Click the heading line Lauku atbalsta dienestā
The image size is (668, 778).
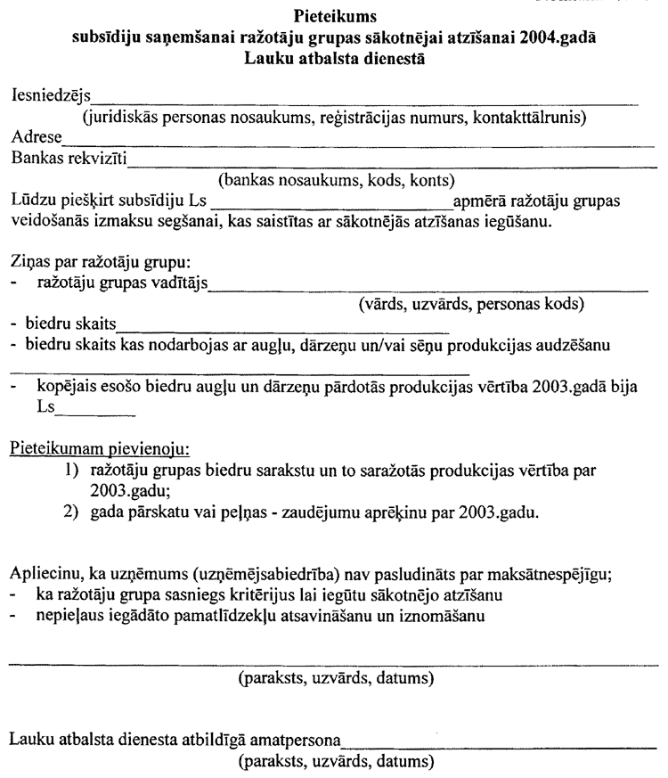(333, 60)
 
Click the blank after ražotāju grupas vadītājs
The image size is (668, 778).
(428, 289)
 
